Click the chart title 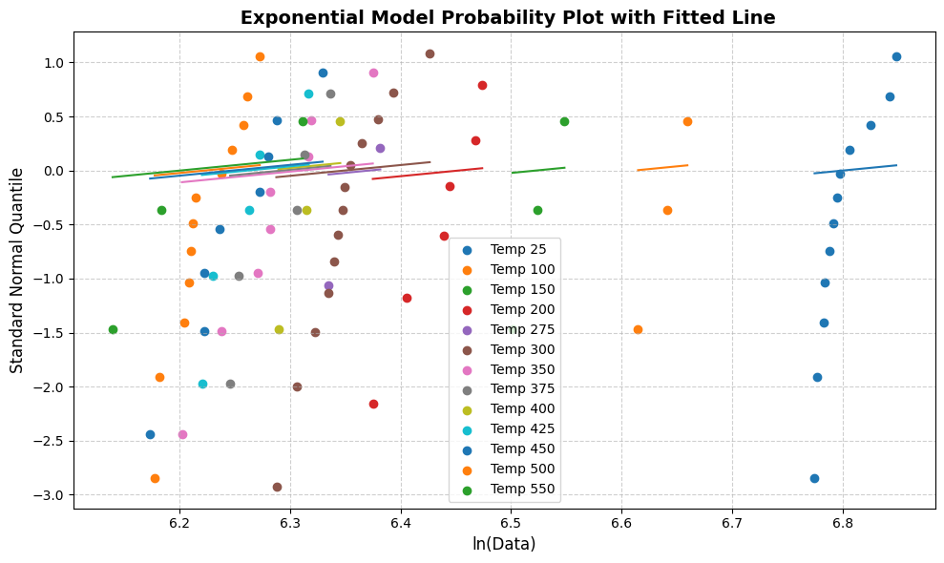(508, 17)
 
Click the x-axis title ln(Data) (504, 544)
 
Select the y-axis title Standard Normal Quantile (17, 270)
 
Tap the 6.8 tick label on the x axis (843, 524)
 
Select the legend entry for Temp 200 (521, 309)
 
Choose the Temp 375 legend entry (521, 389)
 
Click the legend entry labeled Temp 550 (521, 490)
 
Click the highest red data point (482, 85)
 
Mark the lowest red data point (373, 404)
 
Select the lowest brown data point (277, 487)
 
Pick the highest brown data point (430, 53)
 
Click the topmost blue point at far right (896, 56)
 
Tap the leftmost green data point (113, 329)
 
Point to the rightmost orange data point (687, 121)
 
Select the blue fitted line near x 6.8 (855, 169)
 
